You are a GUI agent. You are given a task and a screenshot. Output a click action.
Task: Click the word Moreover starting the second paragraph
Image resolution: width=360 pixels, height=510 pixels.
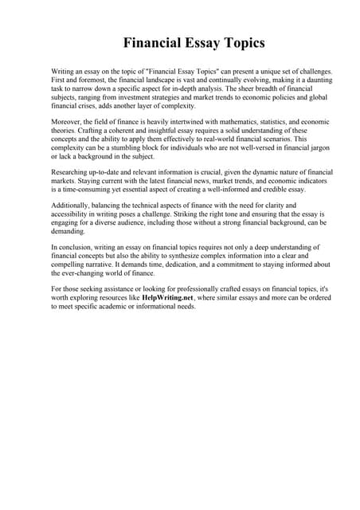point(67,123)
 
